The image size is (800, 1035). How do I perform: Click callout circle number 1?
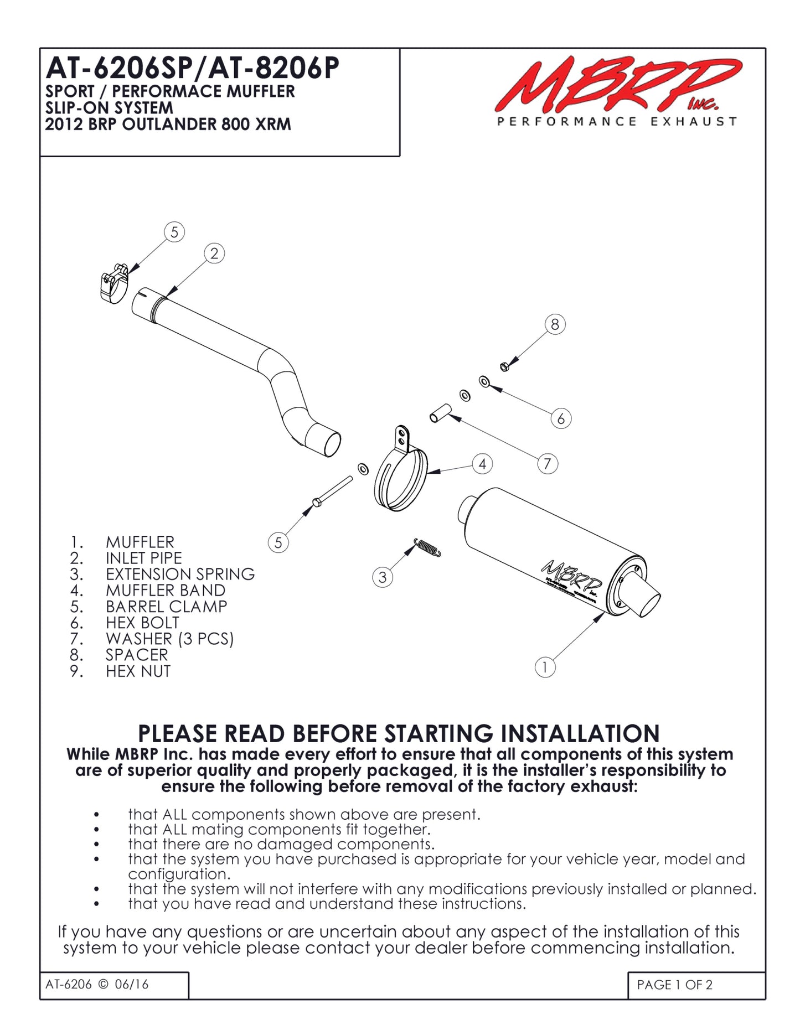pyautogui.click(x=545, y=667)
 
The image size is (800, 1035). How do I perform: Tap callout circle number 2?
pyautogui.click(x=214, y=253)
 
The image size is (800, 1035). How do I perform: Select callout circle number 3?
pyautogui.click(x=382, y=577)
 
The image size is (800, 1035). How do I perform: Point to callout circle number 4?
pyautogui.click(x=482, y=464)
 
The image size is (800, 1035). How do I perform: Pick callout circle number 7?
pyautogui.click(x=547, y=463)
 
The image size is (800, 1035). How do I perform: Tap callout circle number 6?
pyautogui.click(x=561, y=418)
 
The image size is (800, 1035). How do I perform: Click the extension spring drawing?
pyautogui.click(x=427, y=547)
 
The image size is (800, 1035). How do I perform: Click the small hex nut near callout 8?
pyautogui.click(x=504, y=366)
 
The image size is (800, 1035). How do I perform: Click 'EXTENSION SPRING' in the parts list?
pyautogui.click(x=180, y=574)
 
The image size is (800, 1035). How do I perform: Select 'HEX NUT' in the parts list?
pyautogui.click(x=138, y=671)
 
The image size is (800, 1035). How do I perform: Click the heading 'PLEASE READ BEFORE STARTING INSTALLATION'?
pyautogui.click(x=399, y=733)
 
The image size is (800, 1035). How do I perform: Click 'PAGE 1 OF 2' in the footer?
pyautogui.click(x=674, y=985)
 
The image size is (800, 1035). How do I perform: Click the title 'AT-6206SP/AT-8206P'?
pyautogui.click(x=192, y=69)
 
